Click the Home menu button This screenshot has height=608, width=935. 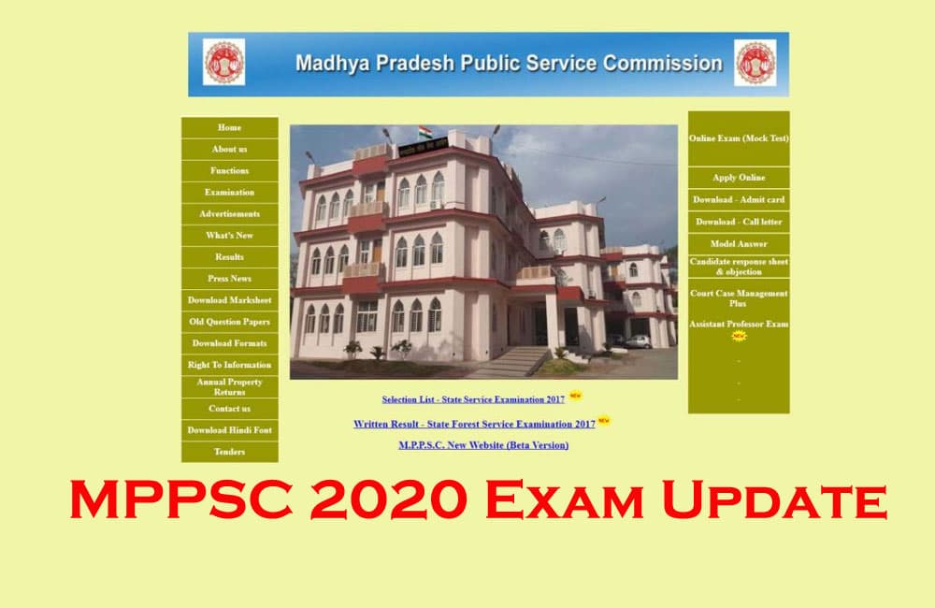[x=229, y=127]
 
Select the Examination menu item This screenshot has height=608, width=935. [x=229, y=192]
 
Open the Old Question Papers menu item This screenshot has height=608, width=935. [x=229, y=322]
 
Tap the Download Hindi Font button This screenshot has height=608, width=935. [x=229, y=430]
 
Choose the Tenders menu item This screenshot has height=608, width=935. [x=229, y=452]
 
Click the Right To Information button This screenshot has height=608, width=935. [x=229, y=365]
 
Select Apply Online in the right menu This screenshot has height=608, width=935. [x=739, y=178]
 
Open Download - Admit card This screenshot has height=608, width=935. [x=739, y=200]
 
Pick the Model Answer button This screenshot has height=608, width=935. [x=739, y=244]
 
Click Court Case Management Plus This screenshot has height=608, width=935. [x=739, y=298]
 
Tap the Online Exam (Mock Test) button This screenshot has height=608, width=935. [x=739, y=138]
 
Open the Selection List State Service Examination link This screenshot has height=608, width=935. [x=473, y=399]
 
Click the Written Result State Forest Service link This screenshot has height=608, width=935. [x=474, y=424]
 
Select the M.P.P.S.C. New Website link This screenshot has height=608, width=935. [x=483, y=445]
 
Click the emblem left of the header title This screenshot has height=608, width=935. [x=223, y=63]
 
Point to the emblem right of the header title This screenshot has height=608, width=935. [x=755, y=63]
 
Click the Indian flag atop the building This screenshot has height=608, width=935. [x=425, y=131]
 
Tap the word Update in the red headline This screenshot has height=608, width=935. [x=774, y=501]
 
